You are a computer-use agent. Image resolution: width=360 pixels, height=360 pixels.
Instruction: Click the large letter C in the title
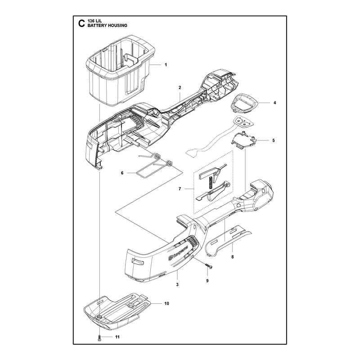81,23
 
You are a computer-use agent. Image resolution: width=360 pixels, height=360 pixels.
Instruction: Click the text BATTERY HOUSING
107,26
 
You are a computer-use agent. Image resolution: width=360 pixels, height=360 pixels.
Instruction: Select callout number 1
166,65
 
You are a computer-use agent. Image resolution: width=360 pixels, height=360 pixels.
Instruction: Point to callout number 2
180,87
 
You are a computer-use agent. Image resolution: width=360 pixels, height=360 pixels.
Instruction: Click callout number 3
177,284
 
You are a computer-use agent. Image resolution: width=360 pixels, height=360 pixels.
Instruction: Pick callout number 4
275,103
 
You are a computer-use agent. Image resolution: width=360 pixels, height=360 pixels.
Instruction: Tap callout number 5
274,140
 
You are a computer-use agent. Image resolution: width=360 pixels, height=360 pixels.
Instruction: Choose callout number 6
122,173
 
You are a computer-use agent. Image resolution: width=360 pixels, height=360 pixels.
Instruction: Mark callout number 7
180,189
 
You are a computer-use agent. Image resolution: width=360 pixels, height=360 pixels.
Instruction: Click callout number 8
232,257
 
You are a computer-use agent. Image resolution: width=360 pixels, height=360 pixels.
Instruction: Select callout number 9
207,281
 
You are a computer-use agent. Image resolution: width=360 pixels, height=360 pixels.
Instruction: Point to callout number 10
166,303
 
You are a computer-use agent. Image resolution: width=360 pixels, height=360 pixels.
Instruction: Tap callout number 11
117,337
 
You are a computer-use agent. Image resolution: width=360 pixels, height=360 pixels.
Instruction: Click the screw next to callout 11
99,337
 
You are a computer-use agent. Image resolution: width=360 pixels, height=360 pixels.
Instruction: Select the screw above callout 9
208,265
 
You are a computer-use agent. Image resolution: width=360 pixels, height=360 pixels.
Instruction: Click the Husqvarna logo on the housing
178,252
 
